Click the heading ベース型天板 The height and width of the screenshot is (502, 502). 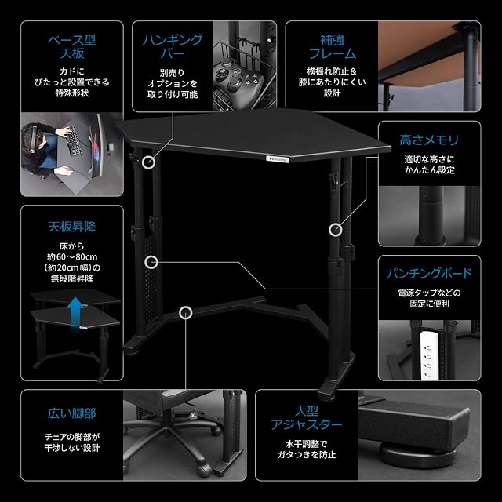pyautogui.click(x=72, y=47)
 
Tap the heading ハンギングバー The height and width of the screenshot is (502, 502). pyautogui.click(x=173, y=47)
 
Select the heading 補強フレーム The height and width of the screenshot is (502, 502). pyautogui.click(x=333, y=47)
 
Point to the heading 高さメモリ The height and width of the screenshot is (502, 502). pyautogui.click(x=429, y=140)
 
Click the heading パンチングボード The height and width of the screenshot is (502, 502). pyautogui.click(x=429, y=274)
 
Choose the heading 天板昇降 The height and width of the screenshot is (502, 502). pyautogui.click(x=72, y=227)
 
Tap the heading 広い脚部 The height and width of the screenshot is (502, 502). pyautogui.click(x=72, y=413)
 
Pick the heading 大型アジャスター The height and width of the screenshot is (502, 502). pyautogui.click(x=307, y=418)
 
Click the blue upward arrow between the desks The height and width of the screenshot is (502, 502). pyautogui.click(x=75, y=311)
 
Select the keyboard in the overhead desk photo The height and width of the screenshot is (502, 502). pyautogui.click(x=74, y=141)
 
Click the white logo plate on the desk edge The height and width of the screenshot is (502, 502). pyautogui.click(x=277, y=158)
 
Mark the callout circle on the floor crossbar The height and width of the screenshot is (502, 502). pyautogui.click(x=185, y=313)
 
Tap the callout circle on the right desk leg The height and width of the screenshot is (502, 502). pyautogui.click(x=336, y=230)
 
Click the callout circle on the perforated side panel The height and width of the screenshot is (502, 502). pyautogui.click(x=151, y=262)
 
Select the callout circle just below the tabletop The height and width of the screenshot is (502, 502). pyautogui.click(x=148, y=162)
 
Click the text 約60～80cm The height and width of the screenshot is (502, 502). pyautogui.click(x=72, y=256)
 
